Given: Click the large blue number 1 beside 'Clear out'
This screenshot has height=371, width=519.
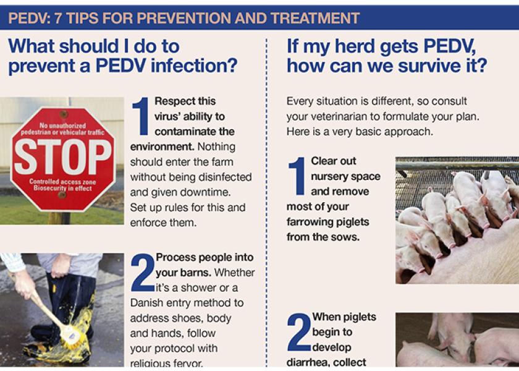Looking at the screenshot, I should click(298, 176).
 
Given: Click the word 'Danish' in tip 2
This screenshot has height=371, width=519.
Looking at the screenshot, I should click(149, 303).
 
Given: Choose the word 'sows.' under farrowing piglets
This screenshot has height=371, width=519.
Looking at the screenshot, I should click(345, 237).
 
